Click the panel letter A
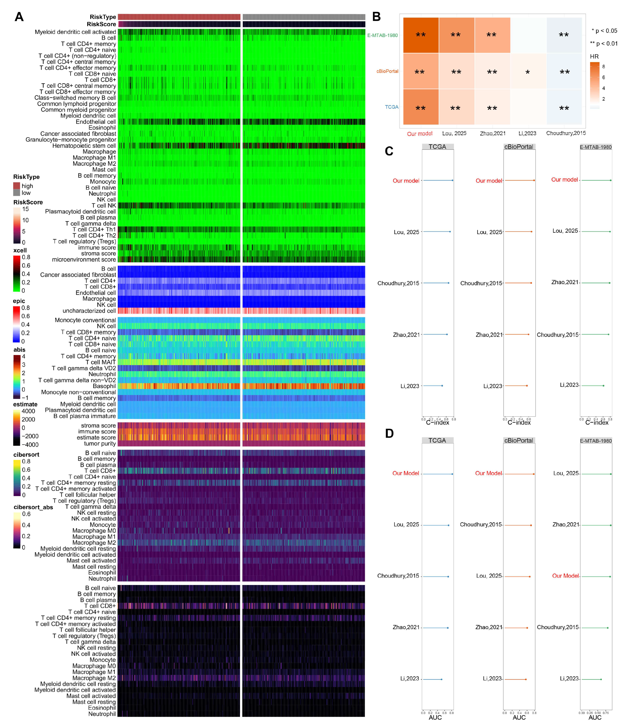pos(19,17)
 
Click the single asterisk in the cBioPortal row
pos(527,73)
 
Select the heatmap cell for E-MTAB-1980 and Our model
pos(421,35)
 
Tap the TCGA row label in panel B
pos(391,107)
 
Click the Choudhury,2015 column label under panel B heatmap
pos(566,133)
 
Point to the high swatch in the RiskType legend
pos(17,186)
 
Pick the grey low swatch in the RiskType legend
pos(17,193)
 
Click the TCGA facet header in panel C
pos(437,147)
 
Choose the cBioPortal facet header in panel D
pos(518,440)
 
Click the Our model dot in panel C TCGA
pos(452,180)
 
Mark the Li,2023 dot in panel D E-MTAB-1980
pos(601,679)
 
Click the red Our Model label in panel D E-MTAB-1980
pos(565,576)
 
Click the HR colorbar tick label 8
pos(603,67)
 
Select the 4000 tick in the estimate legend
pos(28,411)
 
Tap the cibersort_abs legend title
pos(33,507)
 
